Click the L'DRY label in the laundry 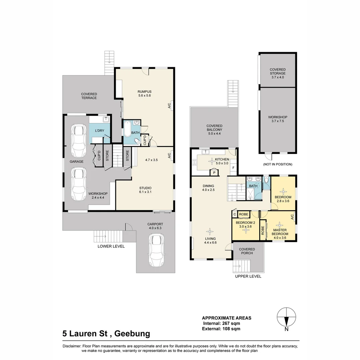pyautogui.click(x=100, y=131)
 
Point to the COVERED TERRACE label pyautogui.click(x=89, y=96)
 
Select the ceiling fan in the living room pyautogui.click(x=210, y=231)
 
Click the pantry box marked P pyautogui.click(x=214, y=172)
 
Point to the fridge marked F pyautogui.click(x=233, y=168)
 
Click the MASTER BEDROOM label pyautogui.click(x=280, y=232)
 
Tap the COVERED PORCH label pyautogui.click(x=247, y=251)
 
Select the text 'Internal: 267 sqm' pyautogui.click(x=221, y=323)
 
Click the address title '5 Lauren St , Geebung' pyautogui.click(x=106, y=333)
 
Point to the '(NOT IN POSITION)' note pyautogui.click(x=278, y=164)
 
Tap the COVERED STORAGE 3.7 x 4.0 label pyautogui.click(x=278, y=73)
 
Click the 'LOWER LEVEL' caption pyautogui.click(x=111, y=246)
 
